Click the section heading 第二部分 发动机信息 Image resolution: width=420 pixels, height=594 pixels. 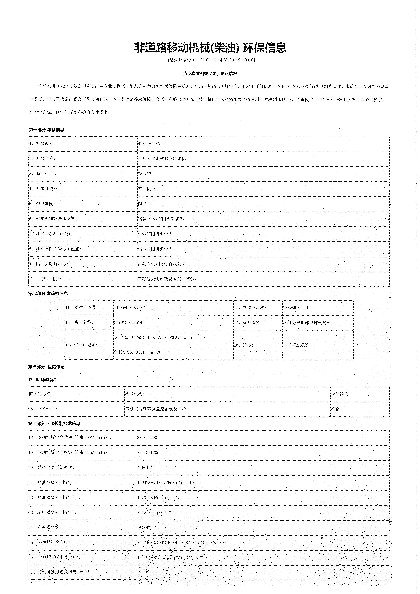coord(48,294)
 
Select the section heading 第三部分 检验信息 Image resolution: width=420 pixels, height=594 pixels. coord(47,367)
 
